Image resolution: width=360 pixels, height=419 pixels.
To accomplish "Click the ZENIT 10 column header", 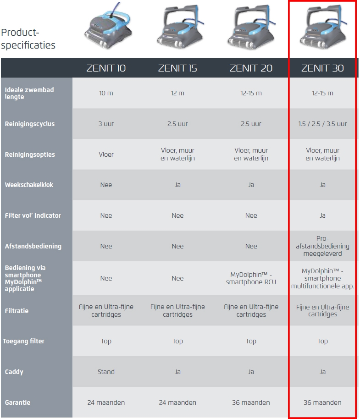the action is [106, 68].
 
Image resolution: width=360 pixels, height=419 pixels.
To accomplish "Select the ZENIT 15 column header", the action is [177, 68].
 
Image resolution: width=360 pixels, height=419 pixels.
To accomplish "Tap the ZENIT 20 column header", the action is [251, 68].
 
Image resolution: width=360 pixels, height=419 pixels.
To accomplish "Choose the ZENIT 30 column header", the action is [322, 68].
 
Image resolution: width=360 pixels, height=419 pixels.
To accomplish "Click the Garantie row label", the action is [17, 402].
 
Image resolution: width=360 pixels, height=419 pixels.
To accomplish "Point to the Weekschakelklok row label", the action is [29, 185].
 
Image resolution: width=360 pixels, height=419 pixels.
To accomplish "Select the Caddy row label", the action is [14, 372].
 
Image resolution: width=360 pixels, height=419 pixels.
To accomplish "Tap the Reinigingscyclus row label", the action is [30, 124].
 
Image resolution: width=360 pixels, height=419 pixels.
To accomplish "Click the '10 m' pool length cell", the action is [106, 93].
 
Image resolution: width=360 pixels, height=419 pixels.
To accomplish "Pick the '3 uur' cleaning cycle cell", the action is [106, 124].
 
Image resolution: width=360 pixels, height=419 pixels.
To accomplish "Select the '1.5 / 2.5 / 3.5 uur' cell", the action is [322, 124].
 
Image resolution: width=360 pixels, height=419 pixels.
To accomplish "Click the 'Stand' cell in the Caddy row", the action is [106, 372].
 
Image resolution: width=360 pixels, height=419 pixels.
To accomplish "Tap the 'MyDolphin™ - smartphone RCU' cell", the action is [251, 278].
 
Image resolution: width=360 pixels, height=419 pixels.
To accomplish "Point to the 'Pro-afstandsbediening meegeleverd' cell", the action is [322, 246].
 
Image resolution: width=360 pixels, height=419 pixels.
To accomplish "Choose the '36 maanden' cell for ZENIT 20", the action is [251, 402].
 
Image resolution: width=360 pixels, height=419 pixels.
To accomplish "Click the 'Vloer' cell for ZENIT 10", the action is [106, 154].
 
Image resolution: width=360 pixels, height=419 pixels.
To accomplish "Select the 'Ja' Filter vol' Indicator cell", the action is [322, 215].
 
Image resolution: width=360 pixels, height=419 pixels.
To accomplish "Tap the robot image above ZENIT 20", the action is [251, 27].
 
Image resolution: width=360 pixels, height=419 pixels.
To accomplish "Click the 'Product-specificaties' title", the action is [28, 39].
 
